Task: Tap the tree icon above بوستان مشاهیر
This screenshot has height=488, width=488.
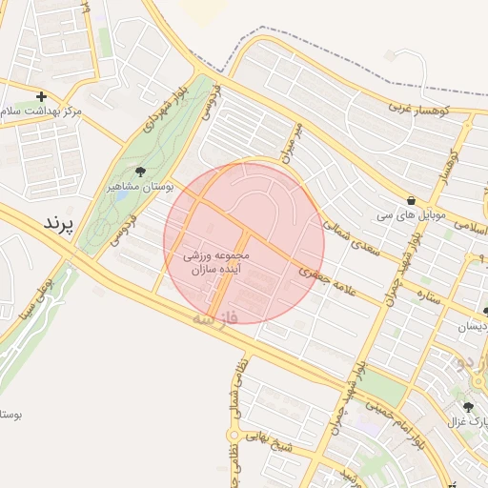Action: pyautogui.click(x=141, y=172)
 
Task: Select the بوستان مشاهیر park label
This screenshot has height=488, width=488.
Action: pyautogui.click(x=139, y=187)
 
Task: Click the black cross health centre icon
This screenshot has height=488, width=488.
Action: pyautogui.click(x=41, y=96)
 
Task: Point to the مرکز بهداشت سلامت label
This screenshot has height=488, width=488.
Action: pyautogui.click(x=43, y=112)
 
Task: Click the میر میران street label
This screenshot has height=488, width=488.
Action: pyautogui.click(x=291, y=140)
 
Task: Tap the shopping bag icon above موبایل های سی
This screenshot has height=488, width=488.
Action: pyautogui.click(x=411, y=201)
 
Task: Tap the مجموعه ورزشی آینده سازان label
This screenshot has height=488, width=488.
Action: pyautogui.click(x=219, y=264)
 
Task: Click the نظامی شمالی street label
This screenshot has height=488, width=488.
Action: pyautogui.click(x=235, y=387)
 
